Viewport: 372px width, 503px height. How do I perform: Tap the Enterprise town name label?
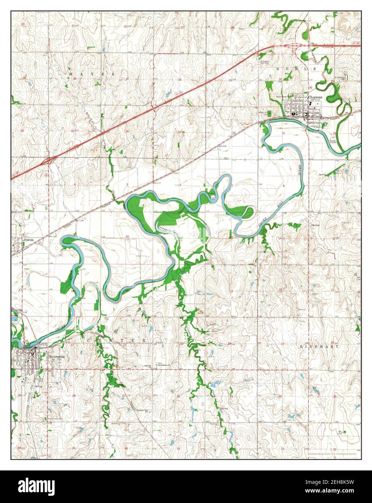coord(56,356)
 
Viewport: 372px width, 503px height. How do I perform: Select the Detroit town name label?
coord(28,240)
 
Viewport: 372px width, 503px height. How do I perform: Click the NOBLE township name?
coord(296,68)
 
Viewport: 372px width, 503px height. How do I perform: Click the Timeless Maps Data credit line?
coord(332,453)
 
